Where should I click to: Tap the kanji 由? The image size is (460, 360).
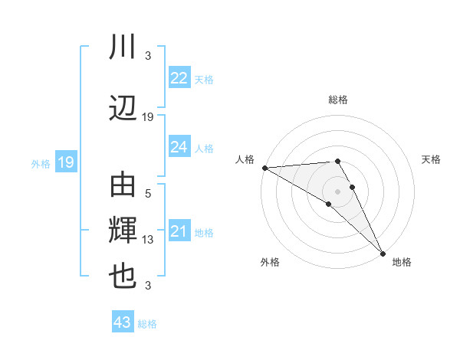click(123, 186)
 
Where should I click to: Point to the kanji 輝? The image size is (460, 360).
click(123, 231)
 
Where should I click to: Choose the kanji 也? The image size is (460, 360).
click(123, 277)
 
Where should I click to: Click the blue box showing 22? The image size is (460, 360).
click(179, 78)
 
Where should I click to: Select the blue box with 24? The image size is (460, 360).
click(179, 147)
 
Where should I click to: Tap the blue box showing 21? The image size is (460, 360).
click(179, 231)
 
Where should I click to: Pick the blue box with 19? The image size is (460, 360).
click(65, 162)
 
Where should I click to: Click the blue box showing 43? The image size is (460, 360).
click(123, 323)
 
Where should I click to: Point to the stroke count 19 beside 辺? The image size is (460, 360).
click(148, 117)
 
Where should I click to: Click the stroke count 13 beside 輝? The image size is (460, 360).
click(148, 240)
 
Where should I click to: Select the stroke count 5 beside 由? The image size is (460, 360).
click(148, 195)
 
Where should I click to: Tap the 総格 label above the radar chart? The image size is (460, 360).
click(338, 100)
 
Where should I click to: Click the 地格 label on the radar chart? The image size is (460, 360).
click(402, 262)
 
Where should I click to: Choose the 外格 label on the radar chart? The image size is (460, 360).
click(270, 262)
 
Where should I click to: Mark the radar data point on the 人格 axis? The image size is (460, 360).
click(264, 168)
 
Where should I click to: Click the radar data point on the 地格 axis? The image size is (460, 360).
click(383, 252)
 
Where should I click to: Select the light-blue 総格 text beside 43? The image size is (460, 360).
click(147, 324)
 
